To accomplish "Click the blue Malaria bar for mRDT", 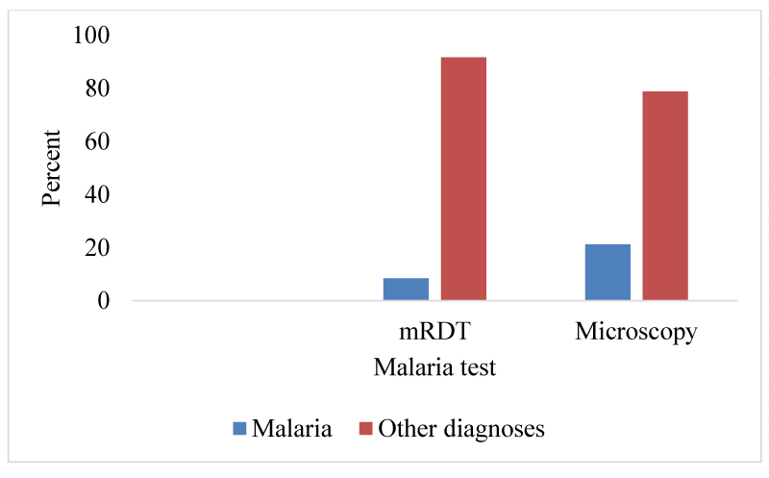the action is [x=406, y=289].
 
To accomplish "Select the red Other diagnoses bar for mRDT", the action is [x=463, y=179].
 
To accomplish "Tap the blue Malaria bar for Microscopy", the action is [x=608, y=272].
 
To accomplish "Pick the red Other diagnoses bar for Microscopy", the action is [x=665, y=196].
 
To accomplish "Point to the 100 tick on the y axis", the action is [x=91, y=36].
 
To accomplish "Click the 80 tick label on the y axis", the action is [x=97, y=88].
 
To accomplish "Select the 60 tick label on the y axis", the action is [x=97, y=141].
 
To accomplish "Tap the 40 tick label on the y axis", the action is [x=97, y=194].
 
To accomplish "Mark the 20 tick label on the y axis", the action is [x=97, y=247].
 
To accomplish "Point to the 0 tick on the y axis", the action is [x=104, y=300].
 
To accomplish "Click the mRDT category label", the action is [x=434, y=331].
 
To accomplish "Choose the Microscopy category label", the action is [x=636, y=332].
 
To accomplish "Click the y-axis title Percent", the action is [x=51, y=168].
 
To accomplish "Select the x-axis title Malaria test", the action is [x=434, y=367].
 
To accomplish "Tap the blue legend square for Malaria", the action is [x=239, y=428].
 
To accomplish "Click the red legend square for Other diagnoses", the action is [x=366, y=428].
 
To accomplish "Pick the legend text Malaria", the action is [x=292, y=428].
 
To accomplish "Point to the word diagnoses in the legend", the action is [x=494, y=429].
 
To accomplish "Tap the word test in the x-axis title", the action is [x=478, y=368].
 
